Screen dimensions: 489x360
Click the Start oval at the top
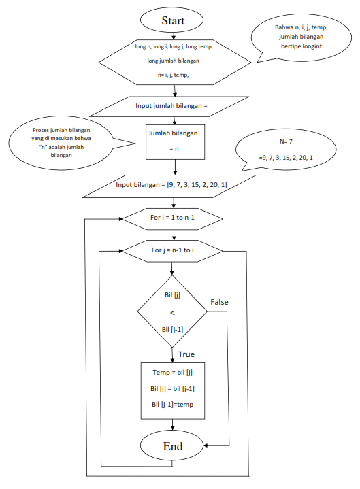[x=173, y=20]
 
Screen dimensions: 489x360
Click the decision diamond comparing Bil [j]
[x=172, y=311]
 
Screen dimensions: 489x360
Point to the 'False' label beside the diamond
[x=219, y=301]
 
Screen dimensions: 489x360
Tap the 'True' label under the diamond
[x=186, y=354]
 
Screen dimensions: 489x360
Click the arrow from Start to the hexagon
[x=173, y=35]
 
